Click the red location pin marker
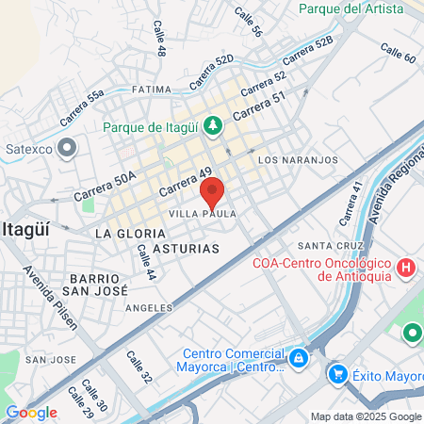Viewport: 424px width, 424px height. pos(212,191)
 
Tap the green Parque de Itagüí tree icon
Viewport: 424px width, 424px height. pos(214,124)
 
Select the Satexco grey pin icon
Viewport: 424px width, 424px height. pos(66,147)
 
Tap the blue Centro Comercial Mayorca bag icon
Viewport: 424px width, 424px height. pos(298,358)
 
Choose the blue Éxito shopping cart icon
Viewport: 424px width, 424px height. pos(337,374)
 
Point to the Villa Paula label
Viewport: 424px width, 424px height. pos(202,214)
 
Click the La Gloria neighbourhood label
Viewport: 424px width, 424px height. pos(131,232)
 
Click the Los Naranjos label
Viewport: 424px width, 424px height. pos(297,160)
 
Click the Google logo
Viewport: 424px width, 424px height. pos(31,412)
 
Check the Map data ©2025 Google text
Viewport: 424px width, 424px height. pos(366,416)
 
